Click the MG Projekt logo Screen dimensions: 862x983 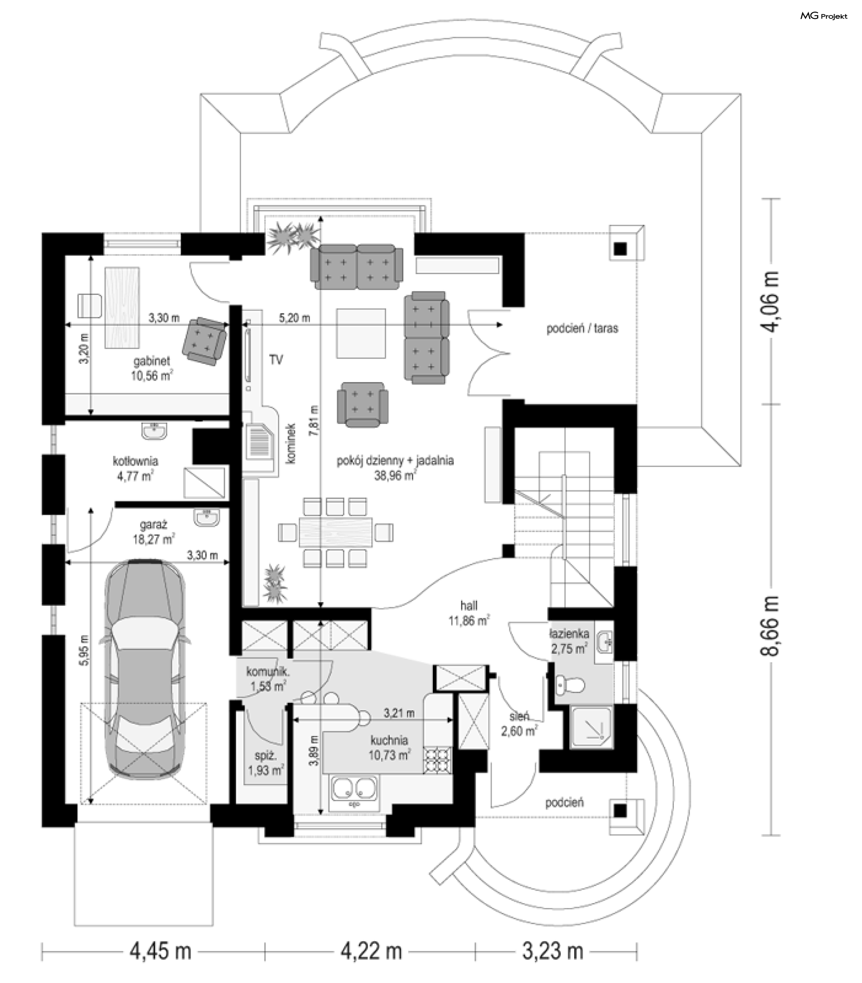[823, 16]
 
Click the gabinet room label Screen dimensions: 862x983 [152, 361]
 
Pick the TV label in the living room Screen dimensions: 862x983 [276, 359]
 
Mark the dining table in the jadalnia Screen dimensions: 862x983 [336, 532]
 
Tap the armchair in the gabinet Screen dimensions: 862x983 [204, 341]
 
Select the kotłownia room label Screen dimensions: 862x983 [136, 461]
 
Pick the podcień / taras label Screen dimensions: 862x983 [582, 328]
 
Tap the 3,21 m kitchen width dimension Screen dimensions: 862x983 [399, 713]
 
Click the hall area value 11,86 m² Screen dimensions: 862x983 [469, 620]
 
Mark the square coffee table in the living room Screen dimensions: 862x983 [361, 333]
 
